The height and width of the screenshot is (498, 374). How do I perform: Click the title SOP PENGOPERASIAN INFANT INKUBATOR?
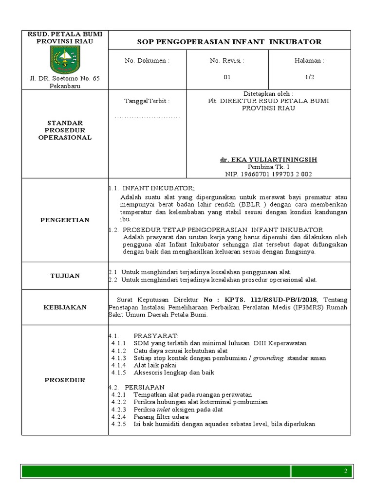[229, 42]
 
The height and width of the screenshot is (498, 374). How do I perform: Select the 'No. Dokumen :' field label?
[147, 61]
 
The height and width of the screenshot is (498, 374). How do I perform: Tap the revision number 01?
[227, 77]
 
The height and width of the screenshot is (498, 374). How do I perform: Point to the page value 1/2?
[309, 77]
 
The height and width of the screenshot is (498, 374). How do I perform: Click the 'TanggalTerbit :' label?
[147, 101]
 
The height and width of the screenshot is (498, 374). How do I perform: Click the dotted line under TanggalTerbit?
[147, 117]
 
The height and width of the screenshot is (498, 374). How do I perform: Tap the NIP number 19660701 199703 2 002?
[268, 173]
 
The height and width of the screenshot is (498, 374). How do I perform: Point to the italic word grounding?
[268, 358]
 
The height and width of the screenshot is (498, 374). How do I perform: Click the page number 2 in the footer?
[345, 471]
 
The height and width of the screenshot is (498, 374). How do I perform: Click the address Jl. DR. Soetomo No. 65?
[64, 79]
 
